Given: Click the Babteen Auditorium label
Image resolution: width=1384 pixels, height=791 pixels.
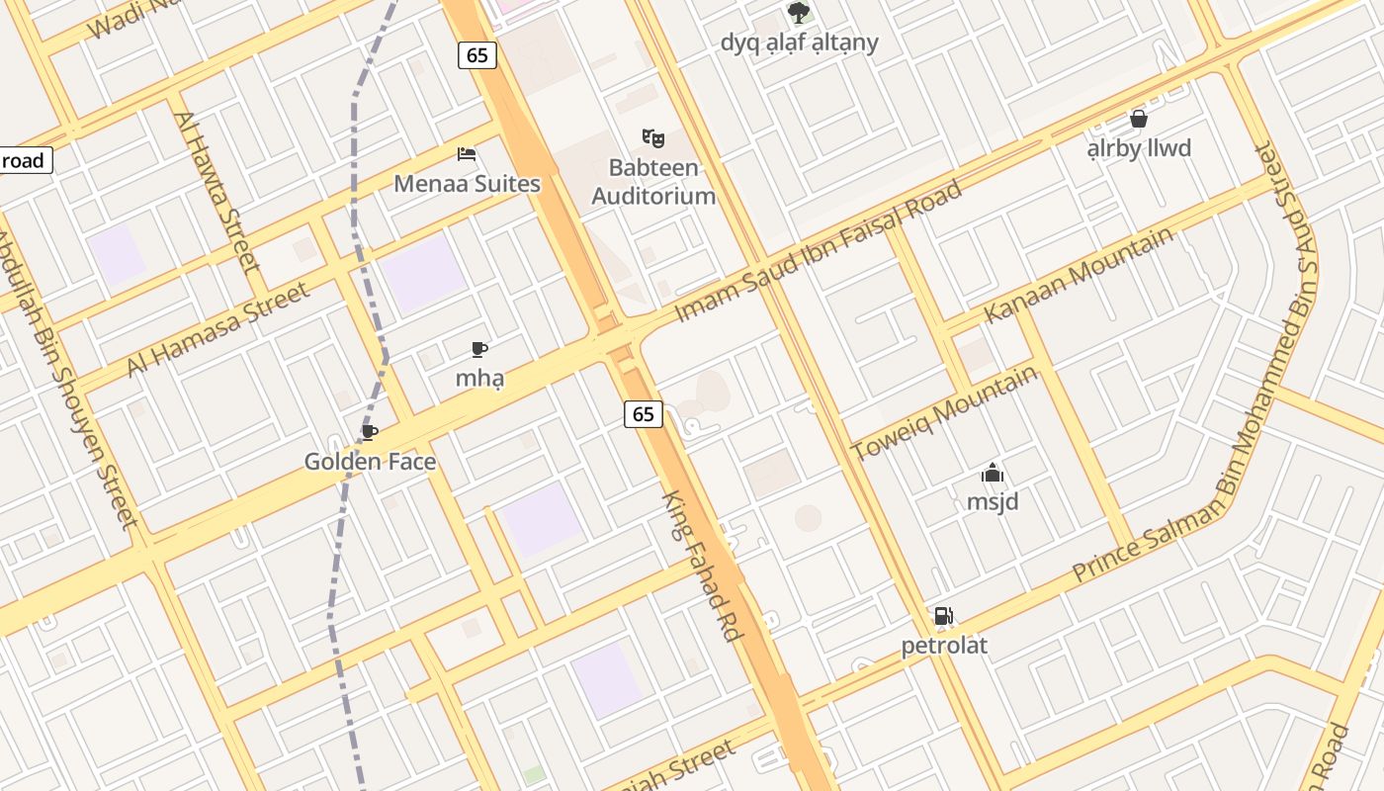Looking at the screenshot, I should (652, 182).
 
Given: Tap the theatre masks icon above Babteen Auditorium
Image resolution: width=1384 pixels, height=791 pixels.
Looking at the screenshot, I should (651, 137).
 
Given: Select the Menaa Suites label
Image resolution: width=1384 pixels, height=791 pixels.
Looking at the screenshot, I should (467, 184).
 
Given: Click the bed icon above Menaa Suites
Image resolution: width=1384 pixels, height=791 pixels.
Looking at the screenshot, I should (467, 154).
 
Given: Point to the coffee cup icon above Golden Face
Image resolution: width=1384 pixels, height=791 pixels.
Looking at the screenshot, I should (369, 432).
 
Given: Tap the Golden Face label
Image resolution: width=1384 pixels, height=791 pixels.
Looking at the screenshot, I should (370, 462).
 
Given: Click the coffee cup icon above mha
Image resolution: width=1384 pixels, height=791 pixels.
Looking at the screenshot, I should (478, 349).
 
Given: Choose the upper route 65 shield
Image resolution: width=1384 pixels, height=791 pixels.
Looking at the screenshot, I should (476, 55).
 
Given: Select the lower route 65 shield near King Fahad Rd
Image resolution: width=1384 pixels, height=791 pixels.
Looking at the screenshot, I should (643, 414).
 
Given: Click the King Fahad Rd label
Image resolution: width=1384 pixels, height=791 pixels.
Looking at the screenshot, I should (702, 566).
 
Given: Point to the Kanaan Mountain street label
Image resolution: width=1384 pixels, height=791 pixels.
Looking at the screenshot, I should (1080, 274).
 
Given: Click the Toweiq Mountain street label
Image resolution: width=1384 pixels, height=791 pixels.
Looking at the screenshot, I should (945, 412).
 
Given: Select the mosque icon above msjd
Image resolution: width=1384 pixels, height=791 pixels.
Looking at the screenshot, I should (993, 473).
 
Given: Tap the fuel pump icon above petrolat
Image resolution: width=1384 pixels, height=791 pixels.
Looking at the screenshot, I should (944, 616).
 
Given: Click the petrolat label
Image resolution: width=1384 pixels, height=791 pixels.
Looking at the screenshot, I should (944, 646).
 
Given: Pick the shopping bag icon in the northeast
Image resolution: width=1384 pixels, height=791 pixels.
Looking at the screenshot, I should (1139, 119).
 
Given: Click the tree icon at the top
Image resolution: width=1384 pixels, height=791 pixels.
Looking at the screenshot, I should (799, 13).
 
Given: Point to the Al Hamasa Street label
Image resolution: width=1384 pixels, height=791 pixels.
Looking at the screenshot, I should (218, 329).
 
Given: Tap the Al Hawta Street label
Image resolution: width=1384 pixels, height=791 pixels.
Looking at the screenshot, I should (217, 192).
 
